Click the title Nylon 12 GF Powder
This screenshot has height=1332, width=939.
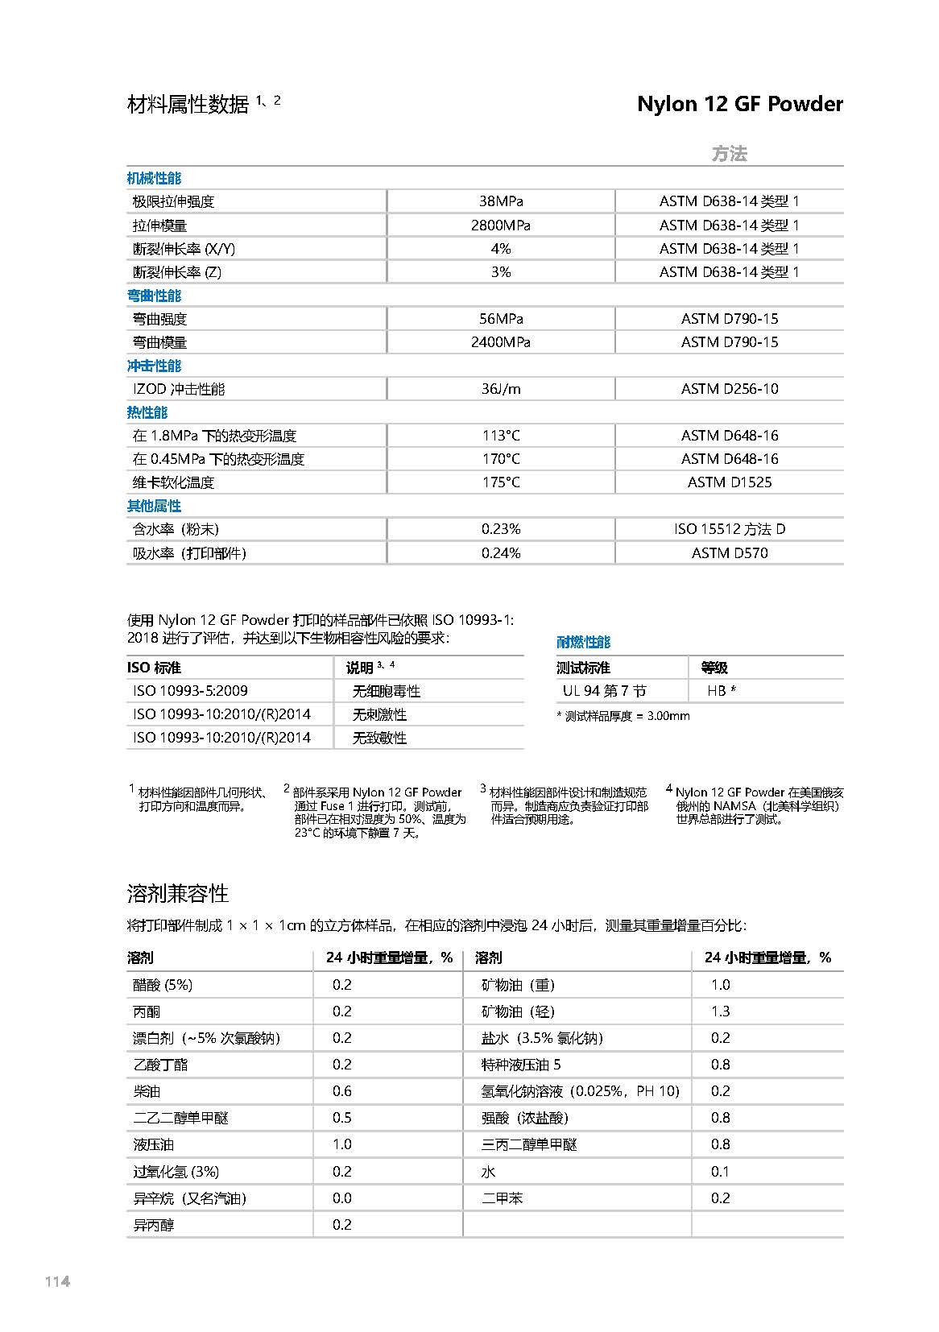pos(739,104)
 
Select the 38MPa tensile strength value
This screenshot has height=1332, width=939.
pos(500,201)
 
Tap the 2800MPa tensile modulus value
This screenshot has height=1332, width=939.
pos(500,225)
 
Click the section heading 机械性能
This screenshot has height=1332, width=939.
pos(154,178)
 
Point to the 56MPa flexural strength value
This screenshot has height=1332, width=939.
pos(500,319)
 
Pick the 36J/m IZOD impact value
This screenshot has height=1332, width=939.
pos(500,389)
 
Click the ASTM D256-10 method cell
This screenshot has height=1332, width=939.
pos(729,389)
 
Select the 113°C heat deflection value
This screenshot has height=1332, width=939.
pos(500,436)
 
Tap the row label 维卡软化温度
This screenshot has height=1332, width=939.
pos(173,482)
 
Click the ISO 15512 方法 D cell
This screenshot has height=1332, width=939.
pos(729,529)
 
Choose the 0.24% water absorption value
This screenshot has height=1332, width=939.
pos(500,553)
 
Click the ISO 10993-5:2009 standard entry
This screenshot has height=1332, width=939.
pos(190,691)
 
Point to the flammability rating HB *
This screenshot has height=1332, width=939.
pos(722,691)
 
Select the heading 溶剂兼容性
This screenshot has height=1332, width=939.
pos(178,894)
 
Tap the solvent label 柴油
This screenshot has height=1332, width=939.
pos(147,1091)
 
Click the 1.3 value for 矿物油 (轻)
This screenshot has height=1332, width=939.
pos(720,1011)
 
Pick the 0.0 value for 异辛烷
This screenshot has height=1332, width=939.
pos(341,1198)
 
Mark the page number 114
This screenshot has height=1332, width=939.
pos(58,1281)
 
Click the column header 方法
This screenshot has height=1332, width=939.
pos(729,154)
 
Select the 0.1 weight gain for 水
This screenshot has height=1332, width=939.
pos(720,1172)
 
